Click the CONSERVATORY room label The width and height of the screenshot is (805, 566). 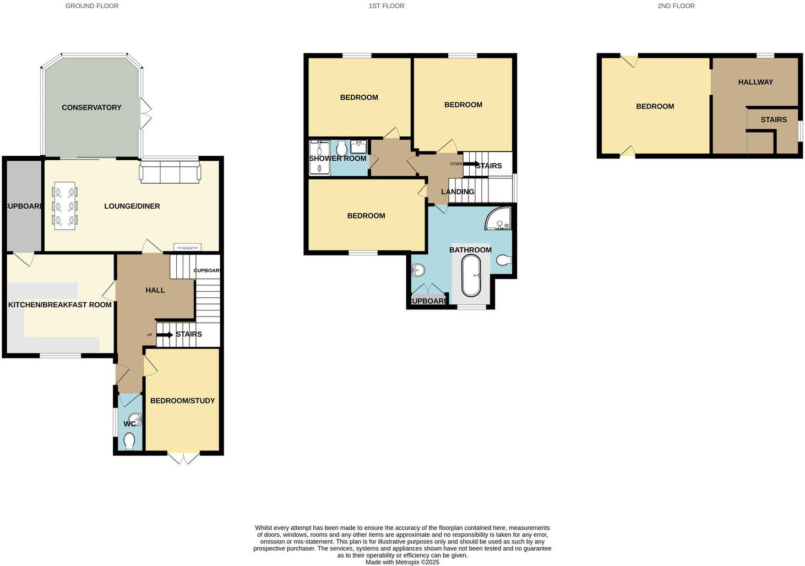91,107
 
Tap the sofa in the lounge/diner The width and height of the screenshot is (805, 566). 170,172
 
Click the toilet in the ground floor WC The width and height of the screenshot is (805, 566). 129,441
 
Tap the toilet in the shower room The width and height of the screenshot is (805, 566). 341,148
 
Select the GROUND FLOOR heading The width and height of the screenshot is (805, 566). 92,6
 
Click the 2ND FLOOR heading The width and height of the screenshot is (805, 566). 676,6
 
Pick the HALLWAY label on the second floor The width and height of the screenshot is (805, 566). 755,82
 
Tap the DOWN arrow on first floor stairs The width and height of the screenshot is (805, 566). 471,164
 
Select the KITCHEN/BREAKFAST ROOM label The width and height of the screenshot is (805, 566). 60,304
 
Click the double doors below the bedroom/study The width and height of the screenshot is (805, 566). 184,458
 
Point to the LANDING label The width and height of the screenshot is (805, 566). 458,192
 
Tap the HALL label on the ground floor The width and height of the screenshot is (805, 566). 155,290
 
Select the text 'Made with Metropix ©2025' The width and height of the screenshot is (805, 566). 402,562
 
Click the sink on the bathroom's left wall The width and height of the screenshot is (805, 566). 418,270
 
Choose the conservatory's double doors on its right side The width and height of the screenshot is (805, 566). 146,113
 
